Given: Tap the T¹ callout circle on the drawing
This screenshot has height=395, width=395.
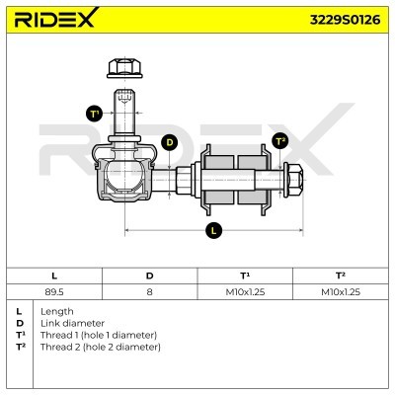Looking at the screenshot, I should (x=95, y=114).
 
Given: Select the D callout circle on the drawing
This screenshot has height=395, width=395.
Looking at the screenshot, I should (x=169, y=142).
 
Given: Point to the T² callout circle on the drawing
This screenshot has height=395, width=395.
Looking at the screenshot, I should (x=279, y=140).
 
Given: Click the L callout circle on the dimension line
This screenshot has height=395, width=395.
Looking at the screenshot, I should (x=213, y=231).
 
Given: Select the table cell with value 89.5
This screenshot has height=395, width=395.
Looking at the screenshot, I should (x=53, y=291).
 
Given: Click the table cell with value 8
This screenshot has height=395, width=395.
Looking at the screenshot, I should (x=149, y=291).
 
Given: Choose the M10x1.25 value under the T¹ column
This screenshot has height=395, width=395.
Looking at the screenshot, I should (x=245, y=291).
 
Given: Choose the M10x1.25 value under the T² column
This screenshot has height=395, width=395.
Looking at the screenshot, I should (x=340, y=291).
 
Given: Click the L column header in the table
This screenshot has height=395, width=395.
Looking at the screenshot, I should (x=53, y=275).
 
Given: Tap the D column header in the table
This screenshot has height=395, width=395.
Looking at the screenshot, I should (x=149, y=275).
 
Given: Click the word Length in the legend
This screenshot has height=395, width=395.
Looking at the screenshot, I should (x=57, y=311).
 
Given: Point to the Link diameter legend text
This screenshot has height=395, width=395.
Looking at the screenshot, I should (x=71, y=323).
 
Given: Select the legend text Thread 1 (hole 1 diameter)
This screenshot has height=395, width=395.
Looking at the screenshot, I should (x=100, y=335).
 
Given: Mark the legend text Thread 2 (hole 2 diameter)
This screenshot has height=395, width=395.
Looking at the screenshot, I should (x=100, y=347).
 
